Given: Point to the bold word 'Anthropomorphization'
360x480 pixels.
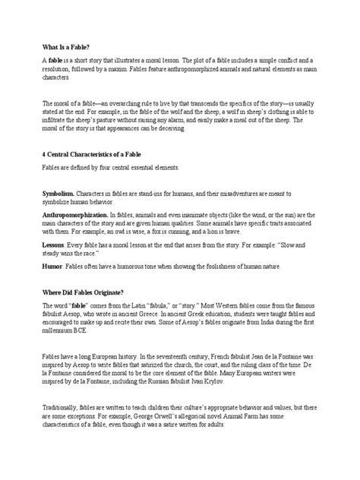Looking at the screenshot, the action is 76,216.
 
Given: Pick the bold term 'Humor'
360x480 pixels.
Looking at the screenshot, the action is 51,267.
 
